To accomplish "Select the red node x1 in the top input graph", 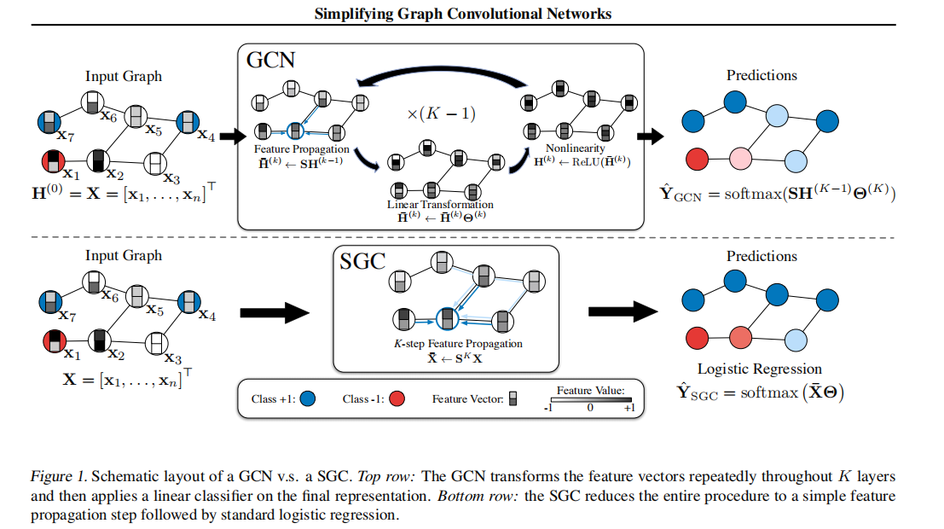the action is [50, 161].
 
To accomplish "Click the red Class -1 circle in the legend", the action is [397, 398].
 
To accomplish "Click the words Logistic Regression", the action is [759, 369].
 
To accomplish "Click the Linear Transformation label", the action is [440, 205].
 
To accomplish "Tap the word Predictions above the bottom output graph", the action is [762, 255].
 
